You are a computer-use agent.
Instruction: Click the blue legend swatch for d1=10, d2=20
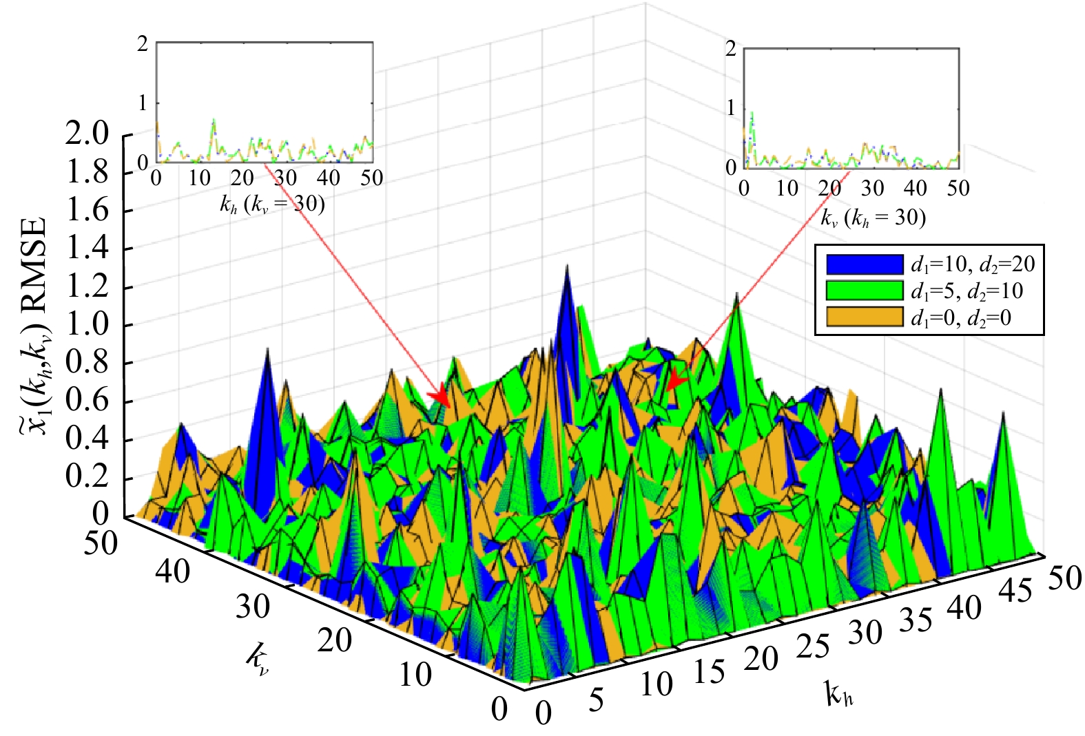[865, 264]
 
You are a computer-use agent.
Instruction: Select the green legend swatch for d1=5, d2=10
[865, 291]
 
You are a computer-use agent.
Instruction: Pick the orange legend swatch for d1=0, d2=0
[865, 317]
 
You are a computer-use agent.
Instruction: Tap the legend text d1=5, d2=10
[967, 291]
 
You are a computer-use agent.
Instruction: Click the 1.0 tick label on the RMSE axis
[87, 325]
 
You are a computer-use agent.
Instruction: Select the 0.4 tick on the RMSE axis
[87, 440]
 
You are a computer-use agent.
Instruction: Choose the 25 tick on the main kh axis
[814, 647]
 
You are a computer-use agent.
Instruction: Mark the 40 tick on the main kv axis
[172, 572]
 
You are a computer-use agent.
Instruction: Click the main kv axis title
[257, 661]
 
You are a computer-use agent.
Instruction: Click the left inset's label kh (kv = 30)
[272, 204]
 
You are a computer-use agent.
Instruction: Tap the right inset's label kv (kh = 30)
[873, 218]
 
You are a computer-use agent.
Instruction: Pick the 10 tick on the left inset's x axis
[199, 179]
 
